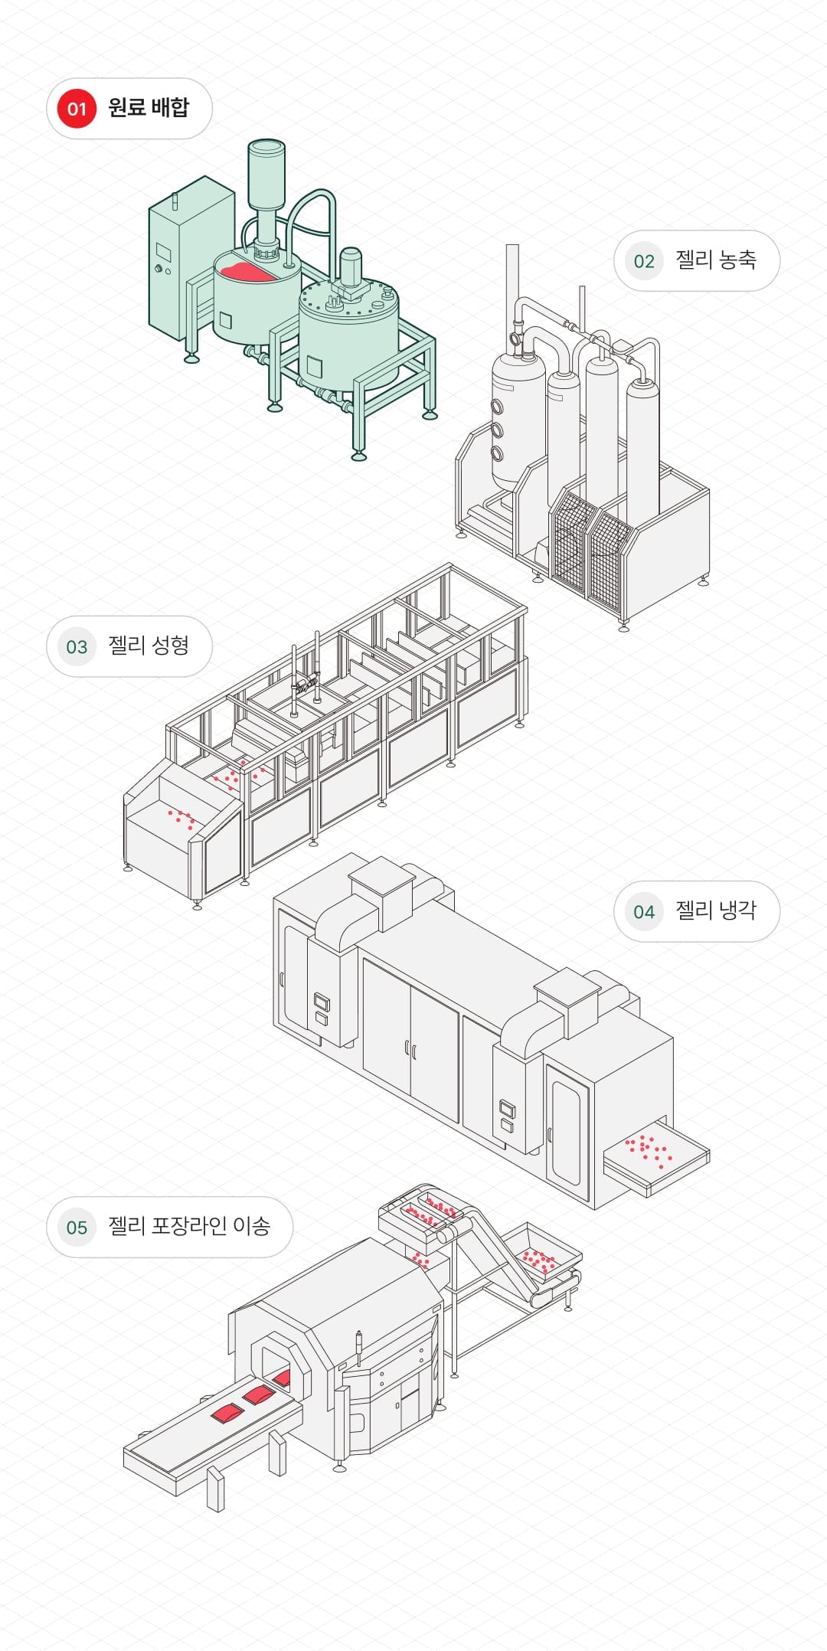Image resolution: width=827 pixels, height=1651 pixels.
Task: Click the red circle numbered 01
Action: coord(77,109)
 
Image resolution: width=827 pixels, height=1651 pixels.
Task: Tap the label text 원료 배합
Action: coord(149,108)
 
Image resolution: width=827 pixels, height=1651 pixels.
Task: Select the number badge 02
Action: coord(644,261)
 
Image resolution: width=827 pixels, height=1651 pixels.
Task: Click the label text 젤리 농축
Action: coord(715,260)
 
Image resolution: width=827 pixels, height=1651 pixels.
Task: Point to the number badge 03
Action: coord(77,646)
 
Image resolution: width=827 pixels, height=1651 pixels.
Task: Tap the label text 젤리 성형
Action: coord(149,646)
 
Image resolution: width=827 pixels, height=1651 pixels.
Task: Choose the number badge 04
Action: coord(644,911)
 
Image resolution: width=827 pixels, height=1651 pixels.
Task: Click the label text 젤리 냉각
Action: coord(715,911)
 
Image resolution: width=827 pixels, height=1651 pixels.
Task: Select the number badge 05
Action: coord(77,1228)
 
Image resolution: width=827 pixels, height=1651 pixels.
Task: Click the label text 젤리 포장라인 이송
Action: coord(189,1227)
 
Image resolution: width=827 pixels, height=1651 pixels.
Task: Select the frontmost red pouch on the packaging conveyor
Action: coord(227,1413)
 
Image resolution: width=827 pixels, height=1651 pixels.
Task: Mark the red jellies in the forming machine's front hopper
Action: coord(181,819)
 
